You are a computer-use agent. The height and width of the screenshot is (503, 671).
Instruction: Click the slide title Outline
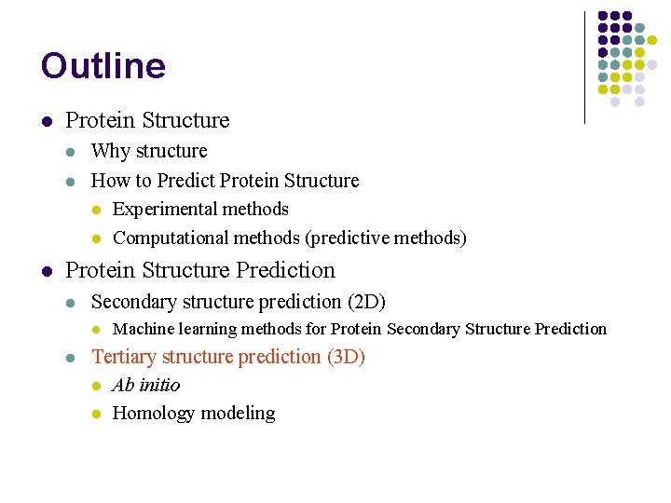coord(103,66)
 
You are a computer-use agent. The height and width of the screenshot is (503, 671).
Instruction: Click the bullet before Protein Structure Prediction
coord(46,271)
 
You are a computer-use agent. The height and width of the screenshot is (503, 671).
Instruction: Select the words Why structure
coord(149,151)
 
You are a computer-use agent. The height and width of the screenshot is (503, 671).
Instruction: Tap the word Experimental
coord(154,210)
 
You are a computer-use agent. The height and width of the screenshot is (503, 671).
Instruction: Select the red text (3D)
coord(346,357)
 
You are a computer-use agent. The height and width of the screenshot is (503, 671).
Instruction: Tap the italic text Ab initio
coord(145,386)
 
